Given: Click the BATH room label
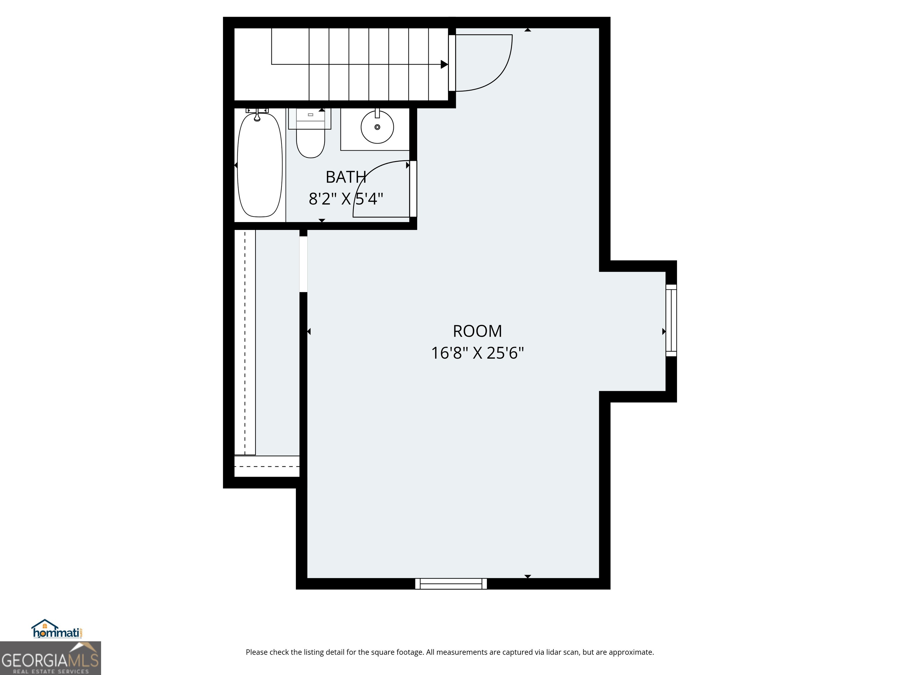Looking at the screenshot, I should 346,177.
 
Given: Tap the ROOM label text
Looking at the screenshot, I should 477,331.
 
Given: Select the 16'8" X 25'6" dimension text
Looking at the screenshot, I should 477,353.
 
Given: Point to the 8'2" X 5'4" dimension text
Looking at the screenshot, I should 346,199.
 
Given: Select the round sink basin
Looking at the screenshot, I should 377,127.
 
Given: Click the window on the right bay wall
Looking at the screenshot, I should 671,320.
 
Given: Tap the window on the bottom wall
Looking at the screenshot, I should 451,584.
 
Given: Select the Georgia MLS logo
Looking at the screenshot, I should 50,658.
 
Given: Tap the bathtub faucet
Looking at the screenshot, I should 257,116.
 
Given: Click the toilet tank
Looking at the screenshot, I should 310,118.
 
